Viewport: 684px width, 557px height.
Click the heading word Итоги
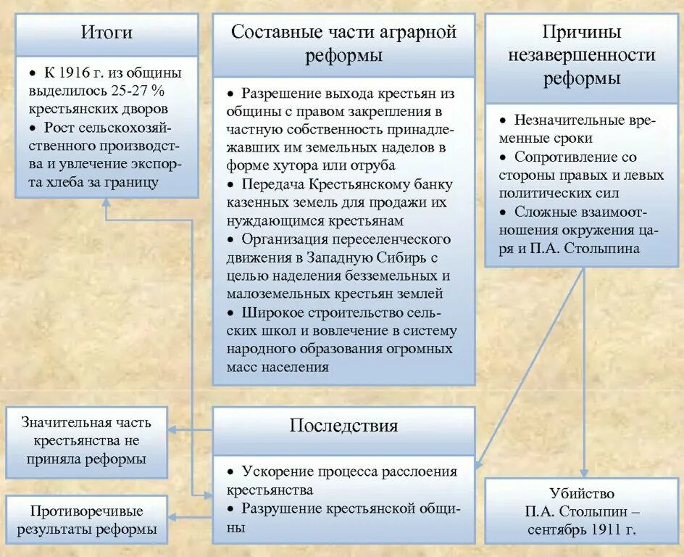click(107, 33)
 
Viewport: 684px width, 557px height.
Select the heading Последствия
click(343, 426)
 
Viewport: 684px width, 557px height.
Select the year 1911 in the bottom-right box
click(601, 529)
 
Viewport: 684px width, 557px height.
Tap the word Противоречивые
click(85, 511)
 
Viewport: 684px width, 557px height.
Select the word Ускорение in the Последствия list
click(278, 471)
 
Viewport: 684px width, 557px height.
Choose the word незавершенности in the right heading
click(582, 55)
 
